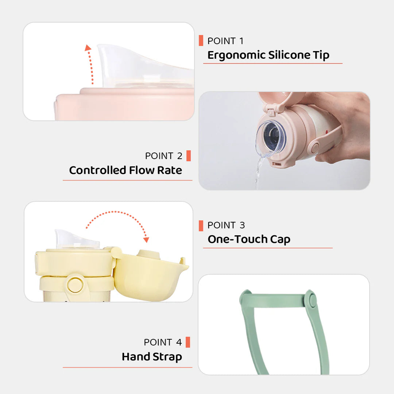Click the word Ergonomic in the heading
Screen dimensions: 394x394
point(236,55)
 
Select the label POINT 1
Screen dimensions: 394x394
point(225,41)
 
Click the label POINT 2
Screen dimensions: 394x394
point(163,156)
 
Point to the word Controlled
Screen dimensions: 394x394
point(97,170)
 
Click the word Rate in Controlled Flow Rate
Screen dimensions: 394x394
point(170,170)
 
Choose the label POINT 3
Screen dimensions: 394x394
point(226,225)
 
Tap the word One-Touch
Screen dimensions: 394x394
point(237,239)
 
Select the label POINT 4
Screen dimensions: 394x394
point(163,342)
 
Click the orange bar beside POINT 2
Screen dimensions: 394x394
point(189,156)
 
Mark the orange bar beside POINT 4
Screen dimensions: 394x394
point(188,342)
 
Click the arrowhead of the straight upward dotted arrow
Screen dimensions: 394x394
point(88,48)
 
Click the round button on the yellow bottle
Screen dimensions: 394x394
point(75,284)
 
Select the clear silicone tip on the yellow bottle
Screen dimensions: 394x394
point(77,240)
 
